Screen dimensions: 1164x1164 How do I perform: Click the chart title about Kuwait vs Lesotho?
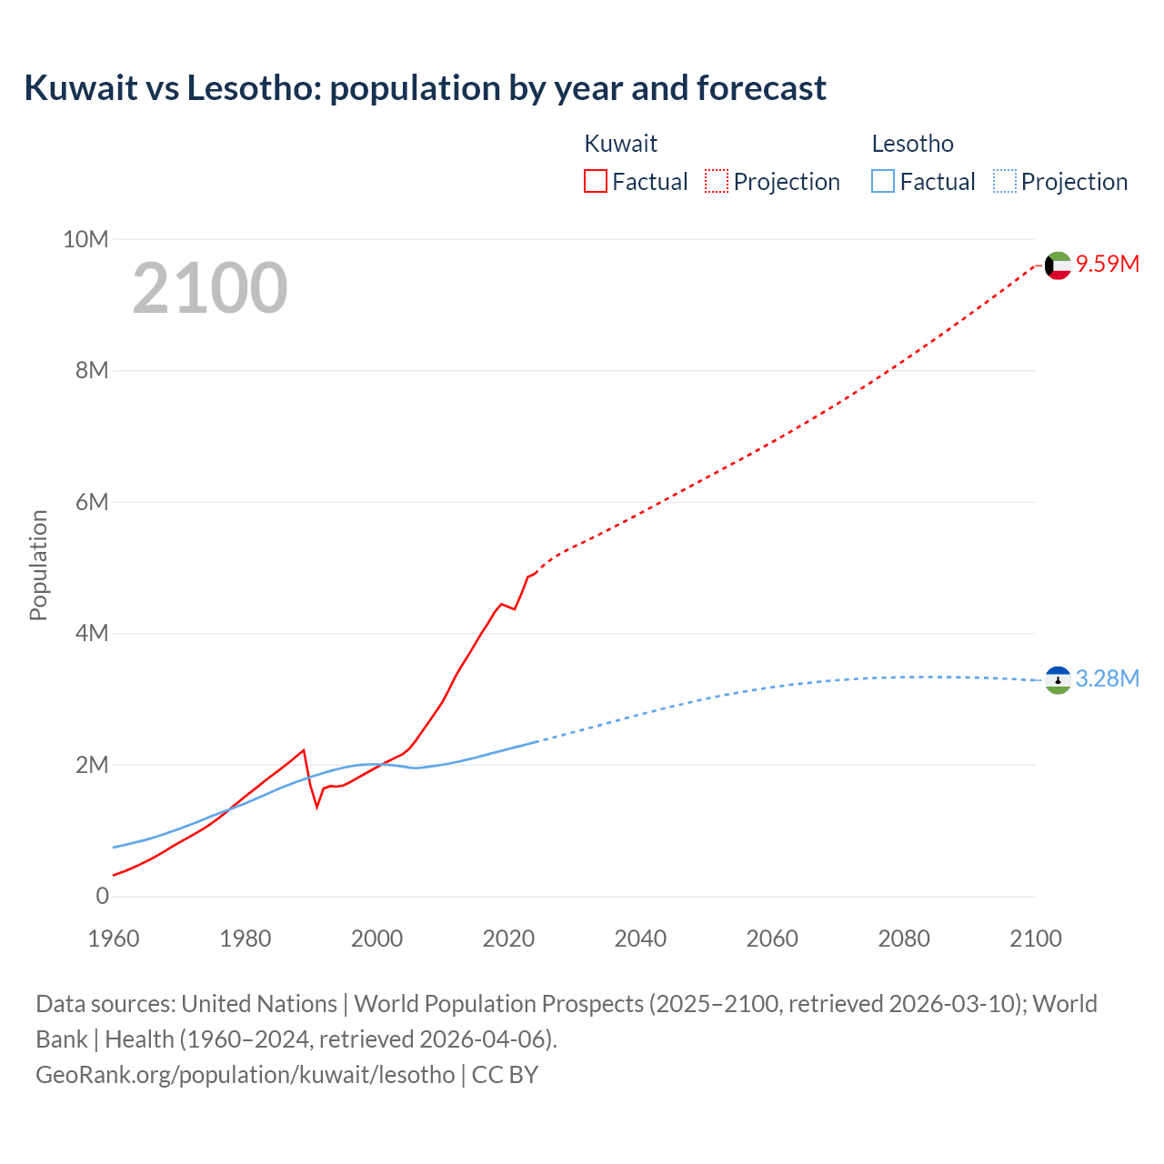(425, 88)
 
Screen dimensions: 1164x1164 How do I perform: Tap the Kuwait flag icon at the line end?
(1058, 266)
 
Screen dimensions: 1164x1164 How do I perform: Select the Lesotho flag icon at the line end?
(1058, 679)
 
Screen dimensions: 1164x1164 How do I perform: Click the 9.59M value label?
(1108, 265)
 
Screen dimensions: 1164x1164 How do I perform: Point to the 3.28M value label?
(1108, 679)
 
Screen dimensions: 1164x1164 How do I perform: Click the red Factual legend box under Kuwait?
(596, 181)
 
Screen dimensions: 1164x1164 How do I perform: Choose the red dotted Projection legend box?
(717, 181)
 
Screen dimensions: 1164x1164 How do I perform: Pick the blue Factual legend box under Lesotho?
(883, 181)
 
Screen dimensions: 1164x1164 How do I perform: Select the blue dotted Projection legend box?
(1005, 181)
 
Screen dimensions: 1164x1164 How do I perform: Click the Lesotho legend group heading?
(912, 144)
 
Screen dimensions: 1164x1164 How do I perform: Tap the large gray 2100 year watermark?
(210, 288)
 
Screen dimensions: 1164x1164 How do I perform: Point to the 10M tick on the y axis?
(85, 239)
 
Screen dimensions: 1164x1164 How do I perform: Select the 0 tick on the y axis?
(102, 896)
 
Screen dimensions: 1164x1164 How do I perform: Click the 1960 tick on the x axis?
(114, 938)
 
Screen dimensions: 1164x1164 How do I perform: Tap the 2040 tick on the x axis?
(640, 938)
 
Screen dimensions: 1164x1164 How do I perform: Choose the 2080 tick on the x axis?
(904, 938)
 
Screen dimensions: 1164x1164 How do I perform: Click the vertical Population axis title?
(38, 565)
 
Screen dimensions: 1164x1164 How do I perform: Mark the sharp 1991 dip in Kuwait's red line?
(317, 805)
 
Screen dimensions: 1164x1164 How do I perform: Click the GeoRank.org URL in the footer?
(245, 1074)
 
